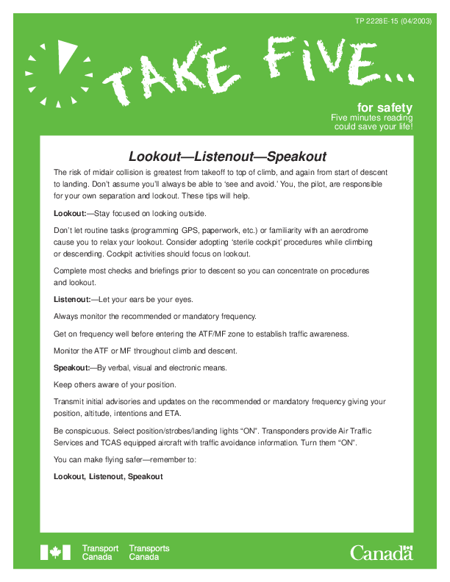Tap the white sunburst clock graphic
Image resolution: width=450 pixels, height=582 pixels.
click(x=57, y=73)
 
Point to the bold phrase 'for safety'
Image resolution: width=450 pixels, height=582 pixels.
click(x=385, y=107)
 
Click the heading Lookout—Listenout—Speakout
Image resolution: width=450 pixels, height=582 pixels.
click(x=227, y=157)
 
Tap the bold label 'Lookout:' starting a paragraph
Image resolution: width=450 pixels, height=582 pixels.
click(x=70, y=214)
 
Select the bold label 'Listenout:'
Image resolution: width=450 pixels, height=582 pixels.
click(x=72, y=299)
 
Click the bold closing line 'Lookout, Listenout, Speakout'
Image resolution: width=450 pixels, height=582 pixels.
click(x=108, y=477)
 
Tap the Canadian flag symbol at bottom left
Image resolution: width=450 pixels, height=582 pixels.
click(x=55, y=552)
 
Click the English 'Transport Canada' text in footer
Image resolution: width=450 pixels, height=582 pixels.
click(x=100, y=553)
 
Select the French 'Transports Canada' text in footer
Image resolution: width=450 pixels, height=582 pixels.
click(x=149, y=553)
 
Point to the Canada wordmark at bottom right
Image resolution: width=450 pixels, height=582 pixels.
click(x=381, y=552)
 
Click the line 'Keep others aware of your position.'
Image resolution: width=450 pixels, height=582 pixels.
click(x=115, y=384)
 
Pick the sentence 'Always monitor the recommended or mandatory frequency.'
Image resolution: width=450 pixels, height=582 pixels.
click(x=154, y=316)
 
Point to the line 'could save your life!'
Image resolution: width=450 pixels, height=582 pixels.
click(x=374, y=126)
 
